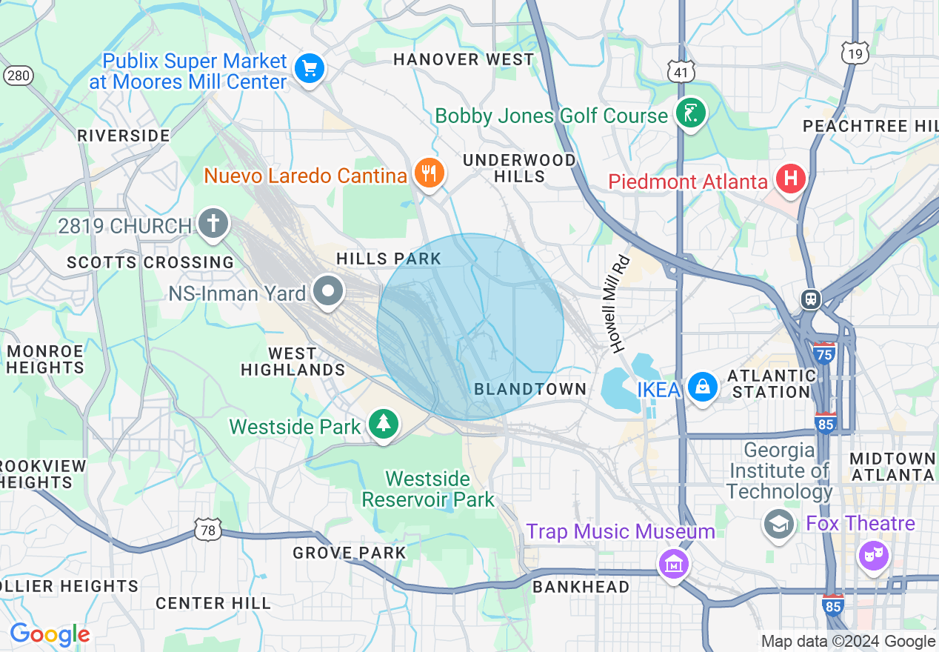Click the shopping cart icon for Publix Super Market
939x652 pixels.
[309, 70]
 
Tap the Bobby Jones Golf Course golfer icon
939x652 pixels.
[690, 114]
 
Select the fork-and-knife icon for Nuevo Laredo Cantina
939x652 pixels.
[428, 173]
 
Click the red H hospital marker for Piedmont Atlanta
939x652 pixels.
[790, 180]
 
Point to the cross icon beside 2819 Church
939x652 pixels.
[213, 224]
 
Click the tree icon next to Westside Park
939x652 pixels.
[383, 425]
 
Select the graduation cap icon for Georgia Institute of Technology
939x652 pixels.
[778, 524]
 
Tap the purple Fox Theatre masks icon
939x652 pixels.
[873, 553]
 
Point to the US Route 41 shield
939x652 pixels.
[679, 71]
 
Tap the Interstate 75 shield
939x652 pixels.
[823, 351]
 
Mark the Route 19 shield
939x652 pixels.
[854, 53]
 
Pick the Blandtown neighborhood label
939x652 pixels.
[529, 389]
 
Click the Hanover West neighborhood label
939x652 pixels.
[464, 59]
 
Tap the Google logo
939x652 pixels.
[50, 634]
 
